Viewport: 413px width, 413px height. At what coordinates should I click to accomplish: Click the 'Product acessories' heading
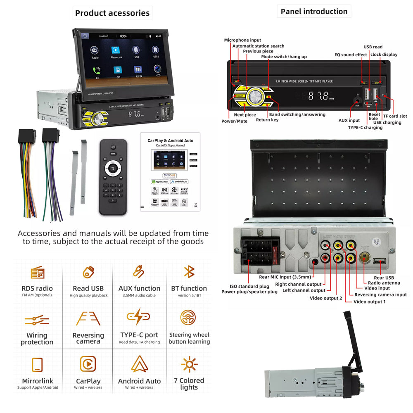coord(112,13)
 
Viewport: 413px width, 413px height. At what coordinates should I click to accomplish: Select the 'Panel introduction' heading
coord(314,11)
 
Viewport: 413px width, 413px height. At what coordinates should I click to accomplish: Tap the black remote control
coord(113,176)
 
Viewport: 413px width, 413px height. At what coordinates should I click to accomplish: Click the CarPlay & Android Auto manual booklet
coord(170,172)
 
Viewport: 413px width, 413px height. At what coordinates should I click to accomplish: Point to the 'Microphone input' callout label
coord(242,40)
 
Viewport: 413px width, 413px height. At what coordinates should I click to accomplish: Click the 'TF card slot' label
coord(395,116)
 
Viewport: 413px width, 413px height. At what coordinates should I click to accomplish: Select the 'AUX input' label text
coord(349,120)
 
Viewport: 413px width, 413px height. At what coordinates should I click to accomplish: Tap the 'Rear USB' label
coord(384,278)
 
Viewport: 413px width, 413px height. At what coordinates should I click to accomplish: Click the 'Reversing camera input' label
coord(380,294)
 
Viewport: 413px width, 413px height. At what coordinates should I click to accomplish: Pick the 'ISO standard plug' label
coord(249,286)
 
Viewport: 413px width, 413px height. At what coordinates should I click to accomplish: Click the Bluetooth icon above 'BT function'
coord(189,272)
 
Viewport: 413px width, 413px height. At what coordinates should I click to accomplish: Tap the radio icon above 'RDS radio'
coord(37,273)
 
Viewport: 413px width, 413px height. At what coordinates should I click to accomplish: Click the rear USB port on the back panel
coord(379,261)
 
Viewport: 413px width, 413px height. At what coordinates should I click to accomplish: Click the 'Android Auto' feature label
coord(139,381)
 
